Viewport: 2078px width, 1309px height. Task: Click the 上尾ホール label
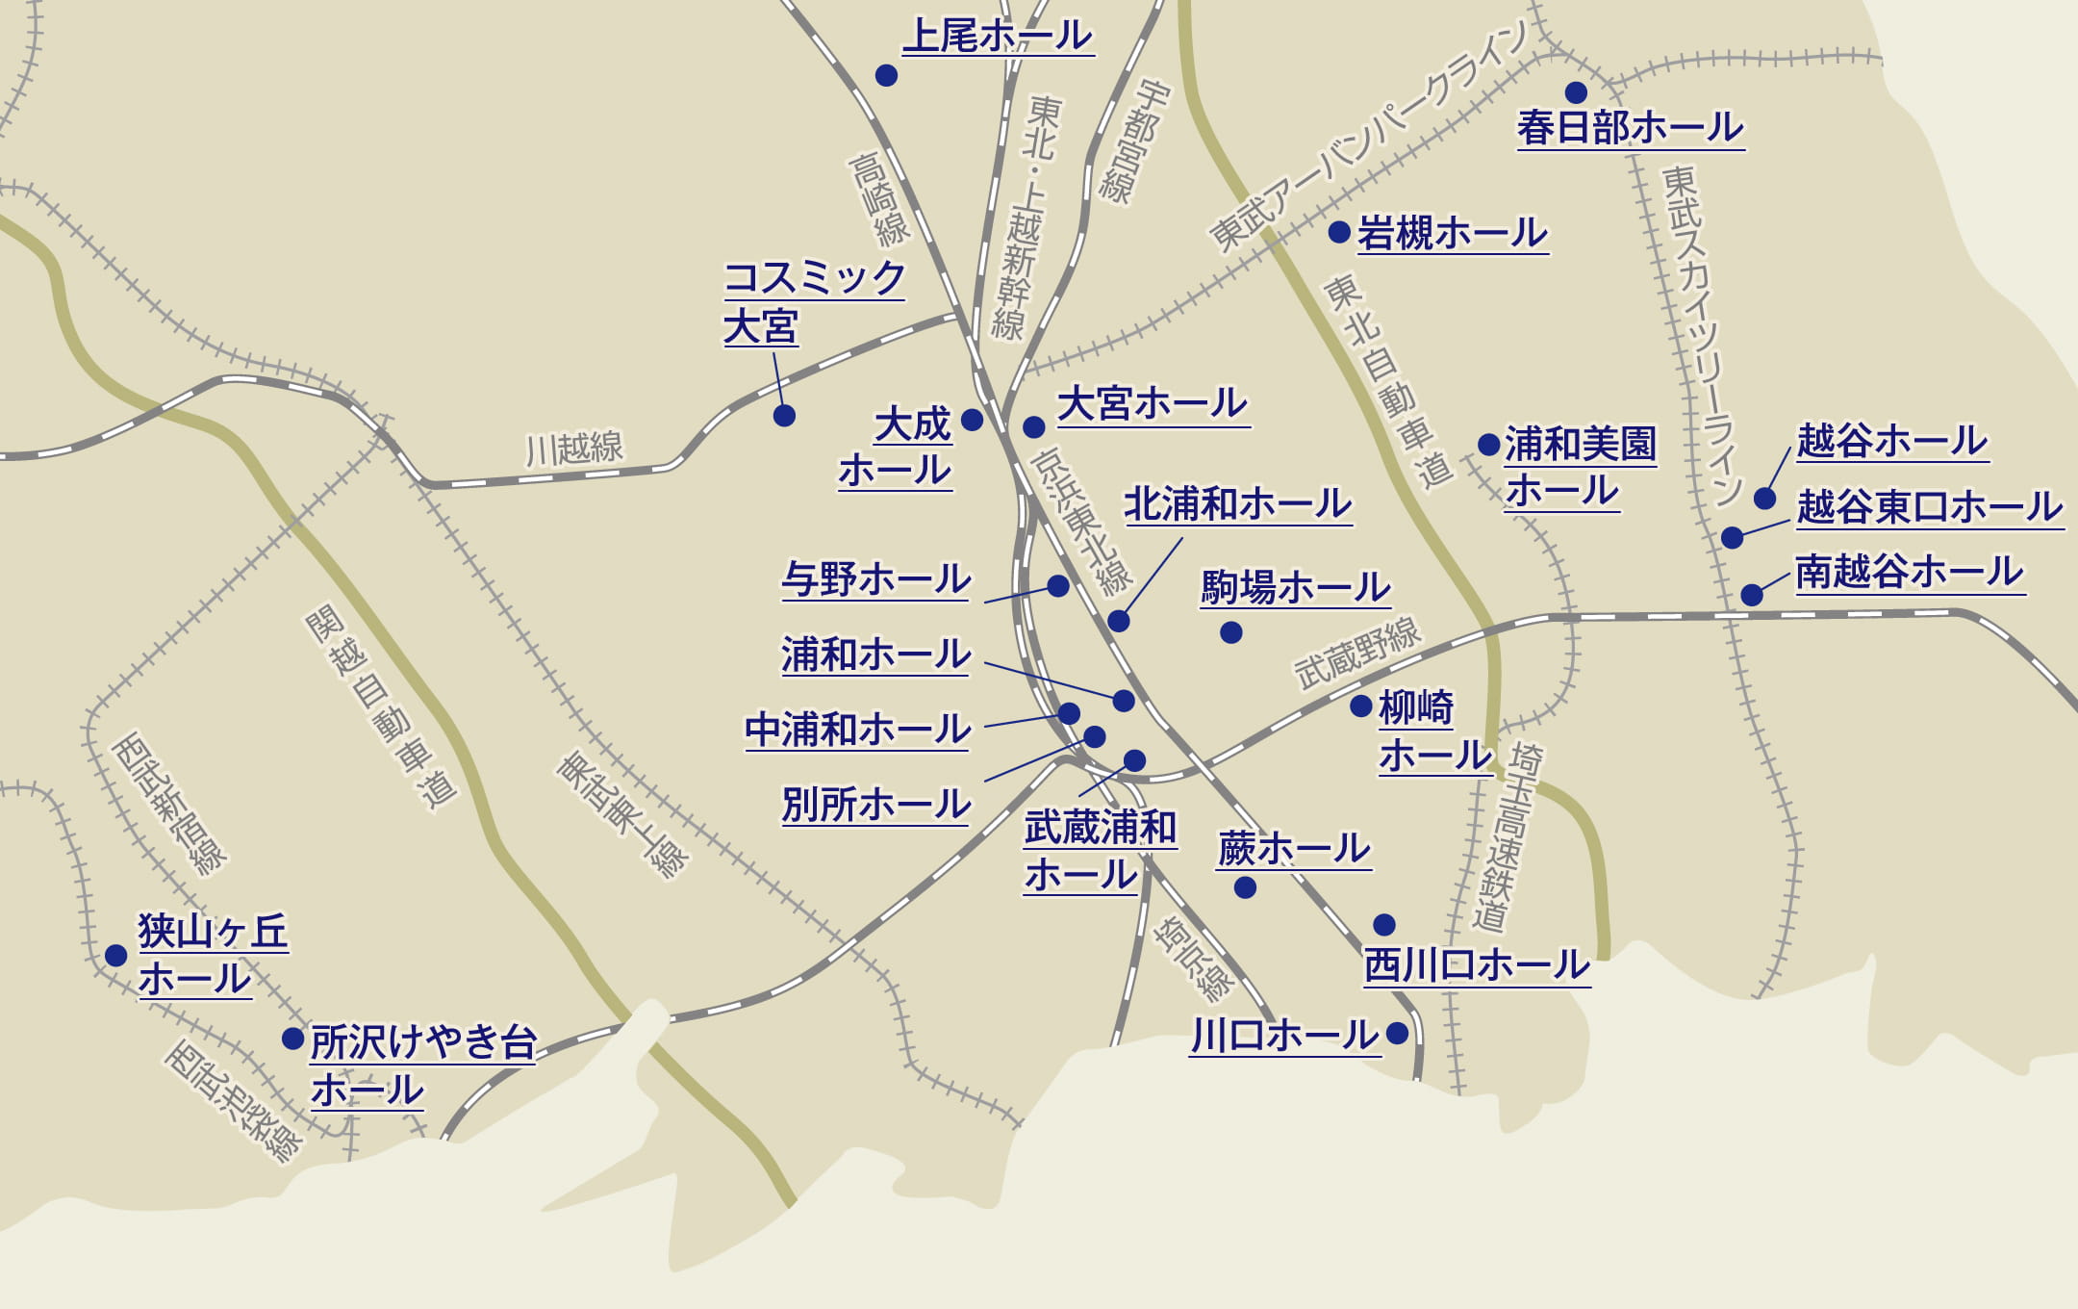point(998,37)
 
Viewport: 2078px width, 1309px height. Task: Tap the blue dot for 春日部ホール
point(1576,92)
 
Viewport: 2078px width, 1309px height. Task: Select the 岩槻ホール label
point(1452,234)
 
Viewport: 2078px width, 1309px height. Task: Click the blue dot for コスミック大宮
point(784,416)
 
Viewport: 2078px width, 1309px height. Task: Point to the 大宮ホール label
point(1152,404)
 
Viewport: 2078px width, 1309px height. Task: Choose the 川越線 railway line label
point(574,449)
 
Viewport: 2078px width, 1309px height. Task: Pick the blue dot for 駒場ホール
point(1231,632)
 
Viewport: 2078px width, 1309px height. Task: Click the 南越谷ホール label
point(1910,572)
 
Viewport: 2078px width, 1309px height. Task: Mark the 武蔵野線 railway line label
point(1356,654)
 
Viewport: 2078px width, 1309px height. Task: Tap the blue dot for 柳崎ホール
point(1360,706)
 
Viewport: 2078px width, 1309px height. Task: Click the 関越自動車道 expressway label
point(381,707)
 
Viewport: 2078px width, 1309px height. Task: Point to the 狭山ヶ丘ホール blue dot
point(116,955)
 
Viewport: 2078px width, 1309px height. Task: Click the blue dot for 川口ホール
point(1398,1034)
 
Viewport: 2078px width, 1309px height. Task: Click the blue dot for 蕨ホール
point(1245,887)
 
